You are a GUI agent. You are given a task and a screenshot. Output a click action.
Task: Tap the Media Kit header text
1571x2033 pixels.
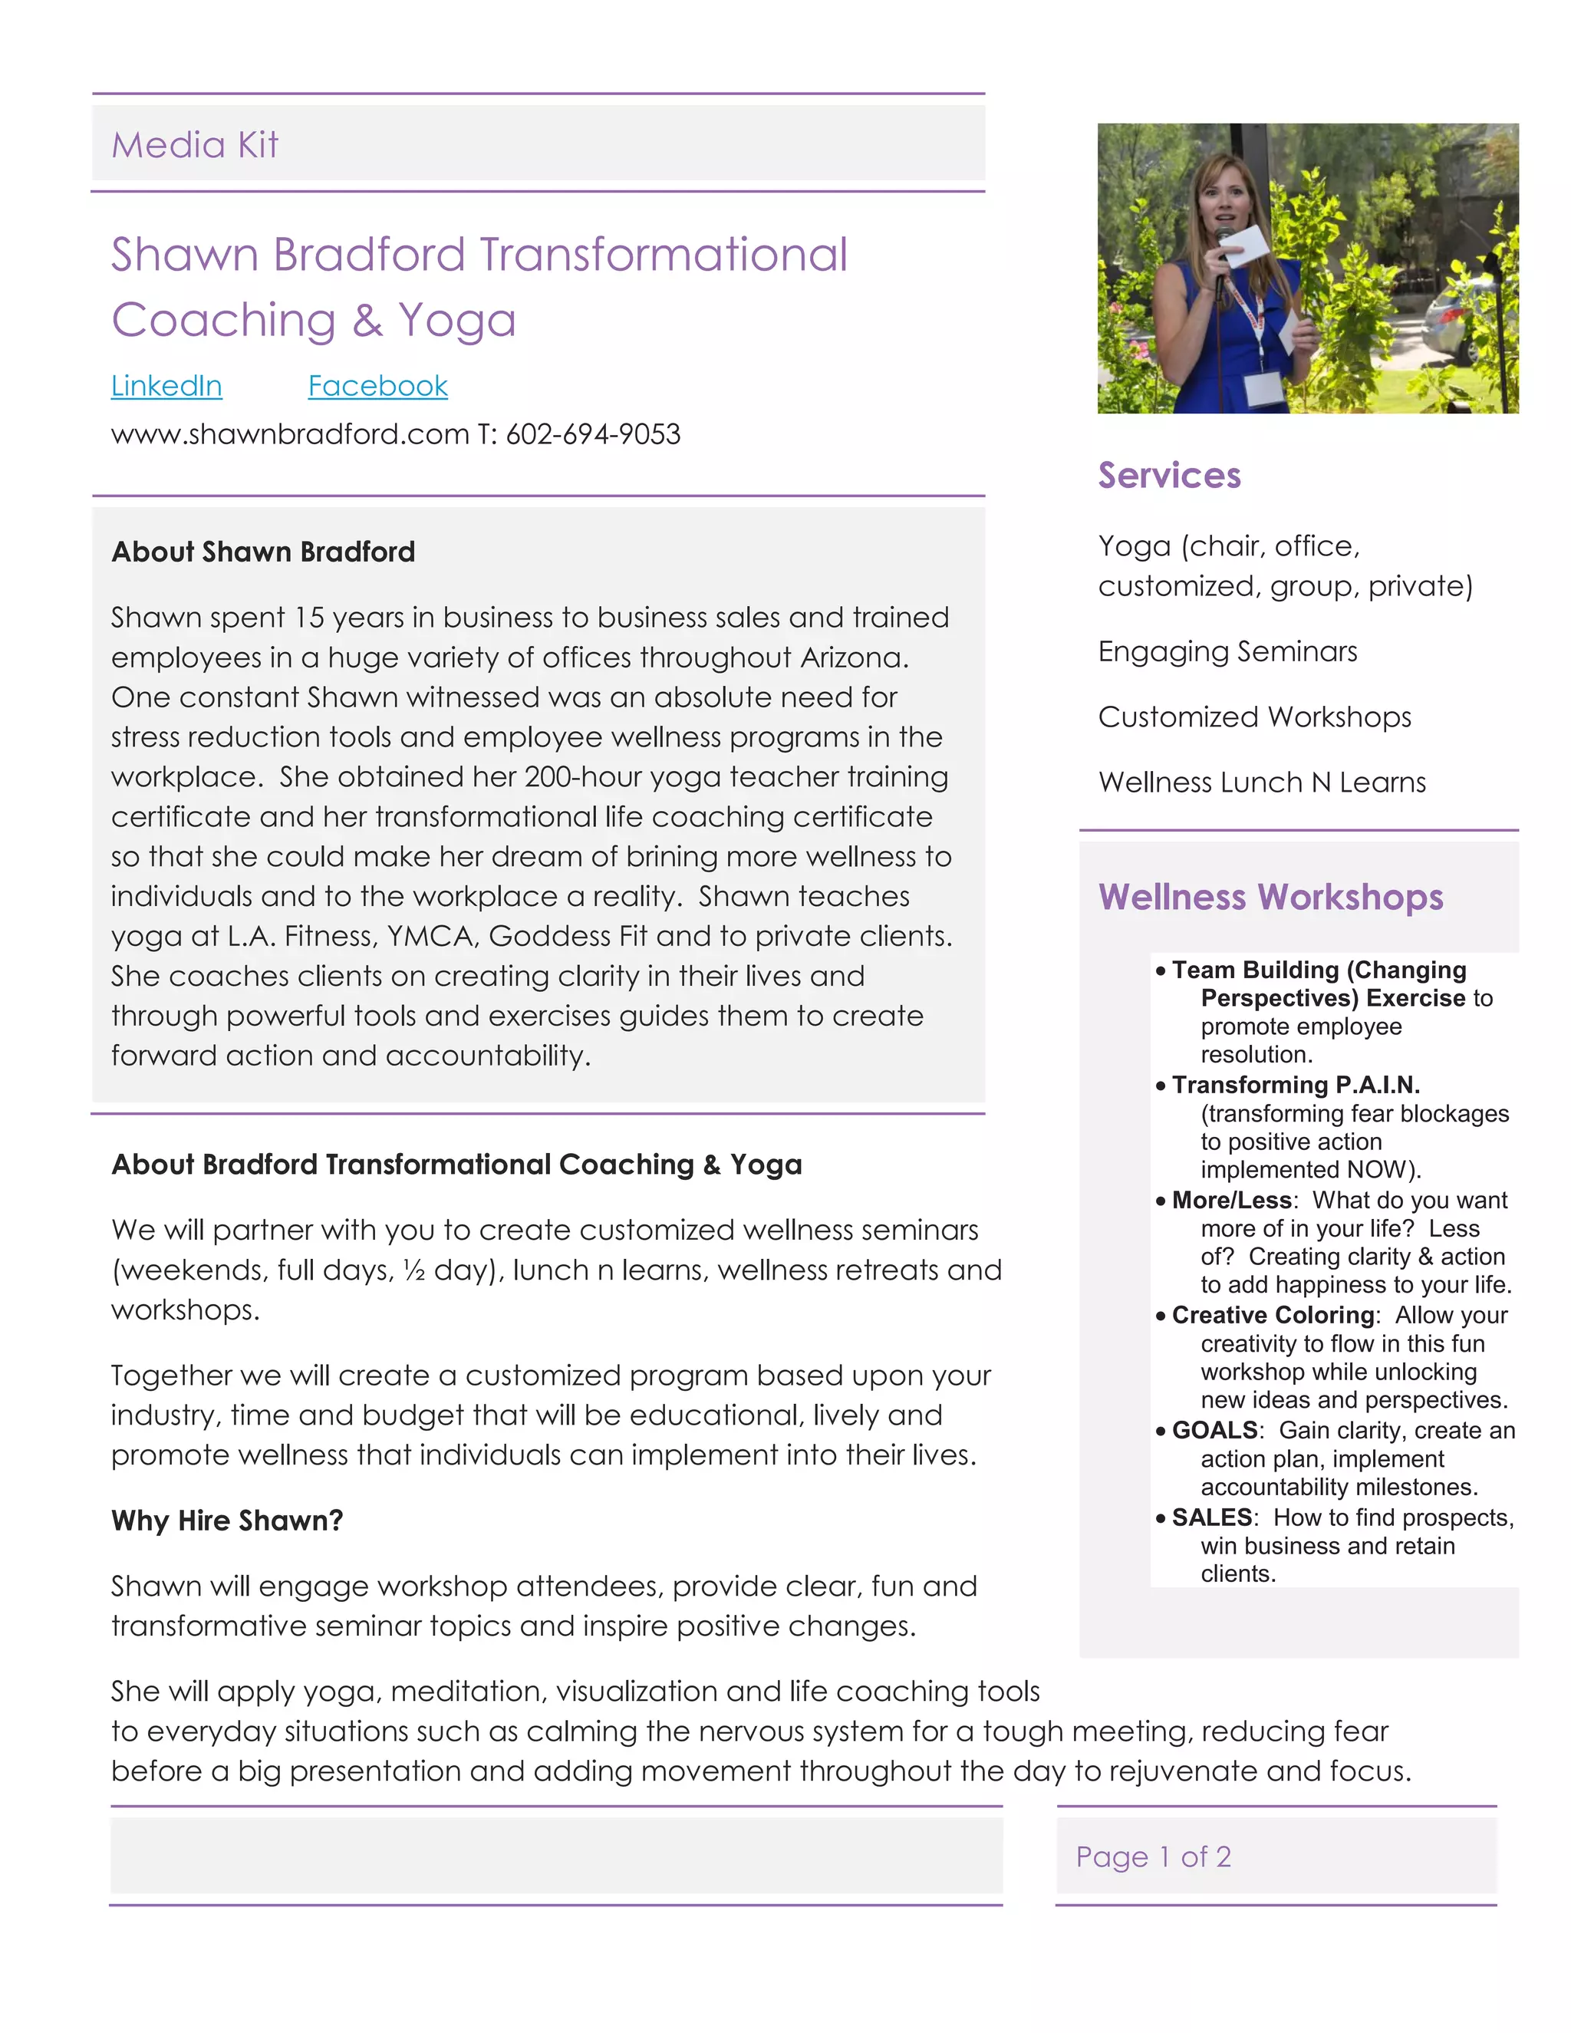coord(195,145)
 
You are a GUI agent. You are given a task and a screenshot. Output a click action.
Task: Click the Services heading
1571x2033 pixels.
coord(1169,475)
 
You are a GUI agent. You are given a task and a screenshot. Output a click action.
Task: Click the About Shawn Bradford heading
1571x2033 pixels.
coord(263,552)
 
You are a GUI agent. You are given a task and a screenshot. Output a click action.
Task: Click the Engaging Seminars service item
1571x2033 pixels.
coord(1227,651)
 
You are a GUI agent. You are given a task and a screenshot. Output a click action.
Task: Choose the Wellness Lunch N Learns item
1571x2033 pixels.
coord(1262,782)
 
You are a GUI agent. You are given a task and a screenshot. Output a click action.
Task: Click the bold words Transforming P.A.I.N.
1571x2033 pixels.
coord(1296,1085)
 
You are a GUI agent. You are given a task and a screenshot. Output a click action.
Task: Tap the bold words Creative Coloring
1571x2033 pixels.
coord(1273,1314)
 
